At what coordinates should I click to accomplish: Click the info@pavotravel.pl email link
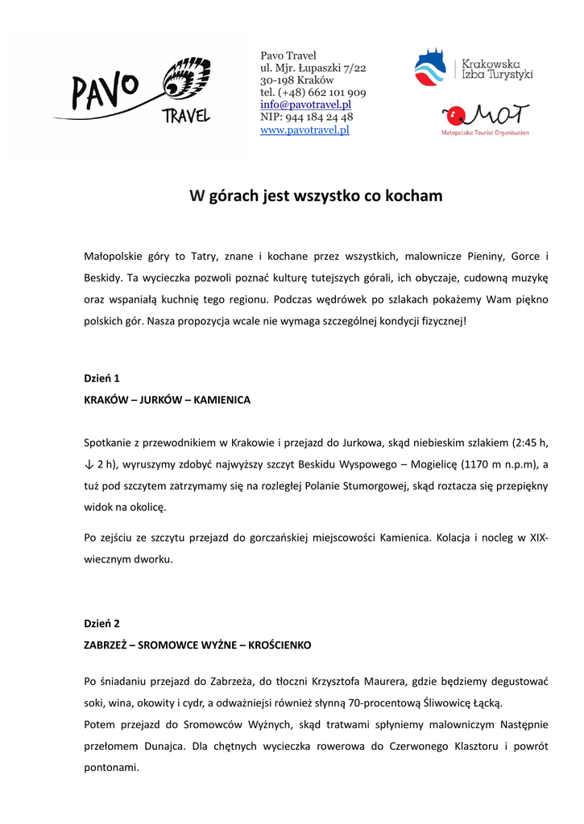305,105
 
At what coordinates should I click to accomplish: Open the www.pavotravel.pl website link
304,130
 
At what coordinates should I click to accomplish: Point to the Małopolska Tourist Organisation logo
485,119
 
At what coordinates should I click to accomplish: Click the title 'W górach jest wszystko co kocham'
316,196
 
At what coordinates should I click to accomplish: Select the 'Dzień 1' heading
101,378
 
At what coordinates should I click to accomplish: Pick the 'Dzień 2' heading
101,624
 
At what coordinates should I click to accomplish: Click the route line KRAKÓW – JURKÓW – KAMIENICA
168,400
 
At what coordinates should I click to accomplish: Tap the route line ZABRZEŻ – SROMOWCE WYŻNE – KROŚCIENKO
197,645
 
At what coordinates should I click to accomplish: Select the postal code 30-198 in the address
276,80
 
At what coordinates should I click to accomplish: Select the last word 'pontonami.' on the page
112,768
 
